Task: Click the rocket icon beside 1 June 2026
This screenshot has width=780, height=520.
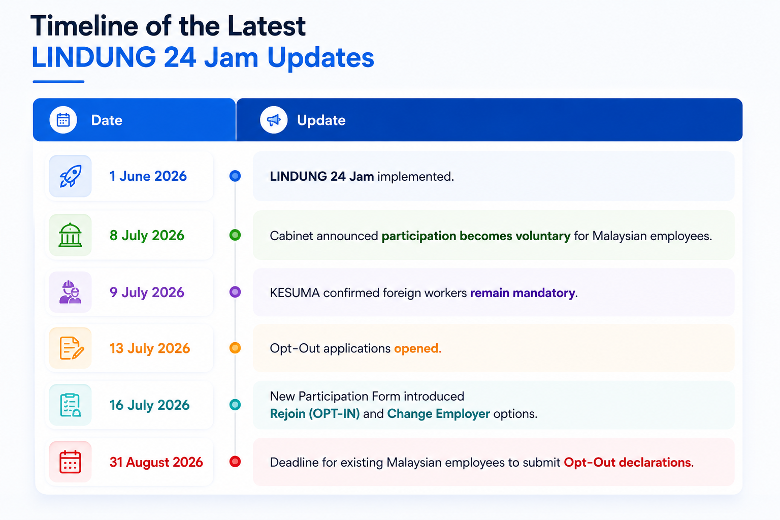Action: coord(71,176)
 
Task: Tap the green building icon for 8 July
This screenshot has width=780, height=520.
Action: coord(71,235)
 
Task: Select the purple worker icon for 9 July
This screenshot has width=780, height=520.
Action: coord(71,292)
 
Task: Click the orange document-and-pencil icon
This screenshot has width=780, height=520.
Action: coord(72,348)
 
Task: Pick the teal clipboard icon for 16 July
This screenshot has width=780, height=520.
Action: coord(71,405)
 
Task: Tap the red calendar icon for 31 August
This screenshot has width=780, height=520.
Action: coord(71,462)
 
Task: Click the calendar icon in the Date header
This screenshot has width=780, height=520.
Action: coord(63,120)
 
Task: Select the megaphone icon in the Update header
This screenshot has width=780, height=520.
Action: coord(274,120)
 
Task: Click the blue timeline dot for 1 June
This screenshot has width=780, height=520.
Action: coord(235,176)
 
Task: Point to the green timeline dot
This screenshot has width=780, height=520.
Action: coord(235,235)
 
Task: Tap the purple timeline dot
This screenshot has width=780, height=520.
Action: coord(235,292)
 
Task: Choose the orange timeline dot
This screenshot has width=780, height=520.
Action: coord(235,348)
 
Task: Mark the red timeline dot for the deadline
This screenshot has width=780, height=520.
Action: coord(235,462)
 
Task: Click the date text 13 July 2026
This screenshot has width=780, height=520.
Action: coord(150,348)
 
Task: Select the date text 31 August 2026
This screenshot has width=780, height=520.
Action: coord(156,462)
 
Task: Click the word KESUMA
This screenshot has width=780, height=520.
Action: coord(295,293)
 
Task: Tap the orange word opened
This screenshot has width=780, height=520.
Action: coord(417,349)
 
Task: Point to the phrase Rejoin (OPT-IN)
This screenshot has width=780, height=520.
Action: coord(315,414)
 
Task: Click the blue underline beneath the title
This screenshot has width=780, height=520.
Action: coord(58,82)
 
